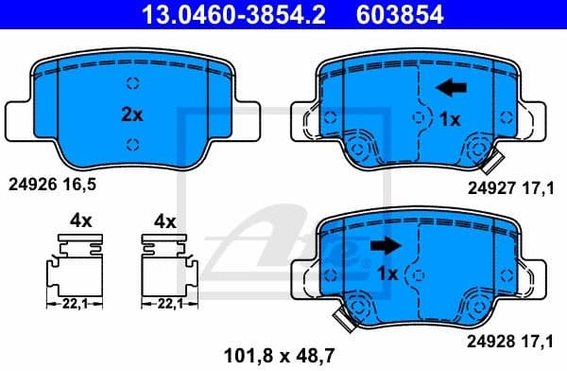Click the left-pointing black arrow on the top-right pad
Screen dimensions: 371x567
tap(450, 89)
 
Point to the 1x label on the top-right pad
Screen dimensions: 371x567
tap(450, 119)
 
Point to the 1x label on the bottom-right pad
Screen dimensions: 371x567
tap(385, 274)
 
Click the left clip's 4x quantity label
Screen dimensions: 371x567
tap(80, 221)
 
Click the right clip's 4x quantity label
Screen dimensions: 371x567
tap(164, 221)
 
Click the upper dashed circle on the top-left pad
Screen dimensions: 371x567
tap(132, 81)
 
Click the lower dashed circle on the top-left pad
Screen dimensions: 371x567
tap(132, 144)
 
